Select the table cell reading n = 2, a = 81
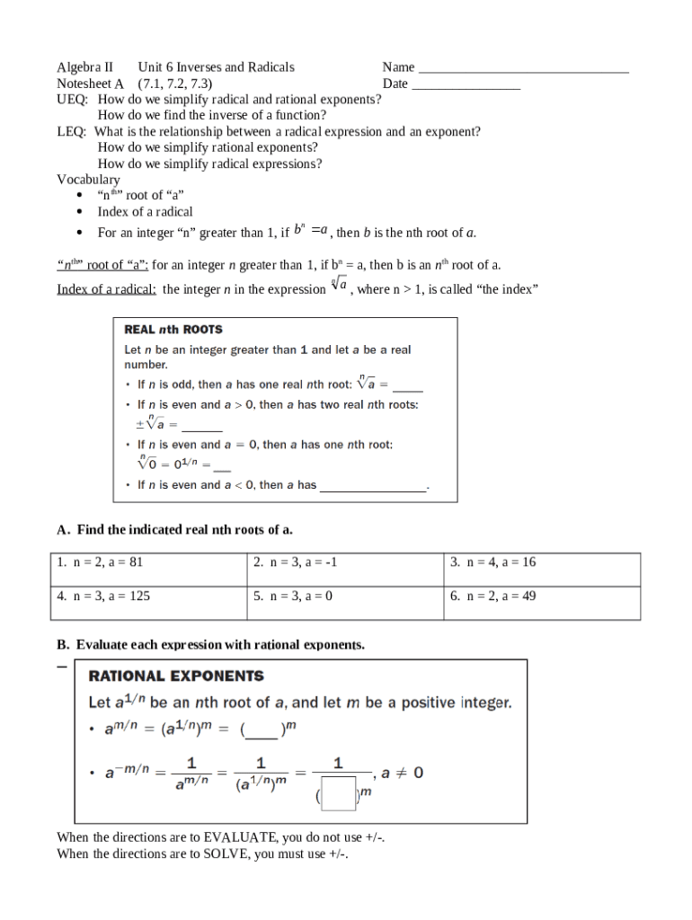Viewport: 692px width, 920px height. [x=148, y=570]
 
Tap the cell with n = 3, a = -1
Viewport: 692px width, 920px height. [x=345, y=570]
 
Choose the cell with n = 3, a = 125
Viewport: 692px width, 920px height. [x=148, y=603]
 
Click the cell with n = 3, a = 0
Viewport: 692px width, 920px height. [x=345, y=603]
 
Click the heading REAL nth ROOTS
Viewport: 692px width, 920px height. [x=173, y=330]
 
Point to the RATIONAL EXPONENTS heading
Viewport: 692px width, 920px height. [x=176, y=676]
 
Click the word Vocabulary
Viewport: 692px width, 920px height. [x=88, y=180]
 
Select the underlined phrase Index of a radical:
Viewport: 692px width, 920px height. [x=107, y=289]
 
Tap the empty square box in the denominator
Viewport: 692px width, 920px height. [x=339, y=793]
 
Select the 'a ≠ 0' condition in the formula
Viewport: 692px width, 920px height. [x=402, y=772]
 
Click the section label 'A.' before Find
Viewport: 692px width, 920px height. [x=64, y=530]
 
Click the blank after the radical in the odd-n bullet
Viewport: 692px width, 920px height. [x=407, y=386]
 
